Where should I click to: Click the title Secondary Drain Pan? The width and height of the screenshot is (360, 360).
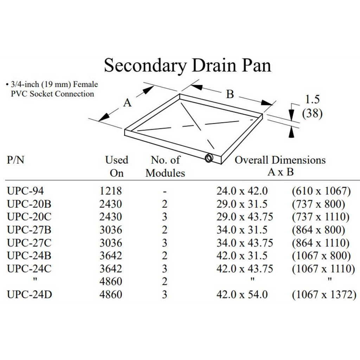click(x=188, y=65)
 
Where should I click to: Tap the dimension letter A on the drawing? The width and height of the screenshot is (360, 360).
click(x=127, y=103)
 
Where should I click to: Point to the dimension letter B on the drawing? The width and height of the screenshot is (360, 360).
click(x=230, y=94)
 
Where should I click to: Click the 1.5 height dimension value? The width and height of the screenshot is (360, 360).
click(x=312, y=99)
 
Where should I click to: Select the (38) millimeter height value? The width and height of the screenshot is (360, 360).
click(x=312, y=113)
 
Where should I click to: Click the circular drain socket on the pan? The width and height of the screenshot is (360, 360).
click(x=208, y=158)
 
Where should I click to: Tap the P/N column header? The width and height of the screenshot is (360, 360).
click(x=15, y=160)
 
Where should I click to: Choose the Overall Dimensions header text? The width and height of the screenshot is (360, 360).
click(x=280, y=160)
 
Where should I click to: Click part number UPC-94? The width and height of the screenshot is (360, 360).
click(x=25, y=191)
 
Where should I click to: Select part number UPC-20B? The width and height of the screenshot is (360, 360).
click(x=29, y=204)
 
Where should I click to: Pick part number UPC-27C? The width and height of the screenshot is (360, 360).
click(x=29, y=243)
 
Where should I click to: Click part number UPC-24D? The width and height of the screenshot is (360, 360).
click(x=30, y=294)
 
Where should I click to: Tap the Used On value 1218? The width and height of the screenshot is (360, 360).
click(x=111, y=191)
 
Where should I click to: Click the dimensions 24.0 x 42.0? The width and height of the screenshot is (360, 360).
click(x=242, y=191)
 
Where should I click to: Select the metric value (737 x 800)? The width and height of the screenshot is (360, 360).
click(x=319, y=204)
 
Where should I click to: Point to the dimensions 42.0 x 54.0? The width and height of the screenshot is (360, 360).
click(x=242, y=294)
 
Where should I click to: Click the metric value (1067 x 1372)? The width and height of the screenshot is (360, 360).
click(x=324, y=295)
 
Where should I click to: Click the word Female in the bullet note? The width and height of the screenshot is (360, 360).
click(x=85, y=84)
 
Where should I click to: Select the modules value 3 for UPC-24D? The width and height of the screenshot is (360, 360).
click(x=165, y=294)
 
